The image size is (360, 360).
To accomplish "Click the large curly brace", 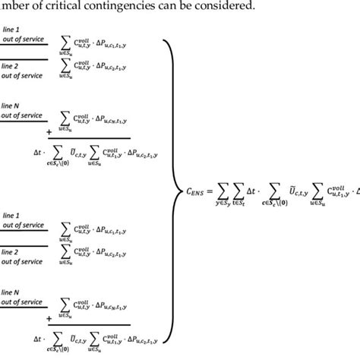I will [x=170, y=190].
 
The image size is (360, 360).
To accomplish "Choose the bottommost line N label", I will [x=12, y=292].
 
